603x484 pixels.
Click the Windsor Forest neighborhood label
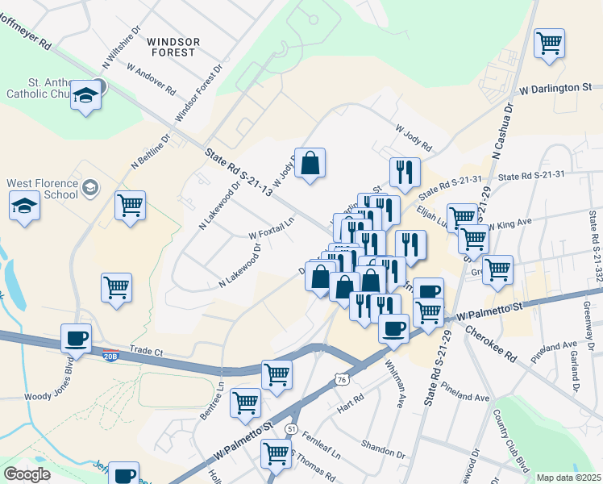point(171,46)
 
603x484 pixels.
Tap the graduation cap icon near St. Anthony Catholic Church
point(85,98)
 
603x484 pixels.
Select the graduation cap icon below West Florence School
point(25,208)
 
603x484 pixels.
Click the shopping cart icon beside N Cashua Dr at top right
point(550,43)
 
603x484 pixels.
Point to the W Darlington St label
point(555,87)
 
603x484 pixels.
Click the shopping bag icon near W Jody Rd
point(310,164)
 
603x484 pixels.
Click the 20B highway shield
point(111,357)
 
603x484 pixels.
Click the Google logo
point(27,474)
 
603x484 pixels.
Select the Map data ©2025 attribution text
point(568,478)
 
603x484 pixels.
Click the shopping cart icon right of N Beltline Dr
point(129,206)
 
